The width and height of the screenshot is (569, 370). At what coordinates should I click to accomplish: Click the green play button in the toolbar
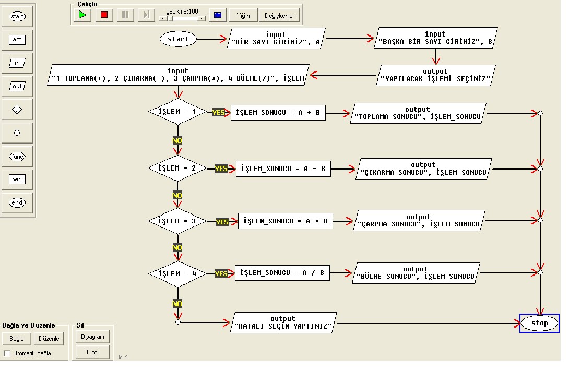pyautogui.click(x=82, y=15)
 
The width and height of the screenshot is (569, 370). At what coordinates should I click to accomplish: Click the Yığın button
pyautogui.click(x=243, y=15)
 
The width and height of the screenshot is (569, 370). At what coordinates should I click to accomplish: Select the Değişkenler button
pyautogui.click(x=279, y=15)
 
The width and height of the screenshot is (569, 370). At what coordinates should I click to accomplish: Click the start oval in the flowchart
pyautogui.click(x=178, y=39)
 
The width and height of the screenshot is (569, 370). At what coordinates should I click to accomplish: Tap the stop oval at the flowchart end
pyautogui.click(x=539, y=323)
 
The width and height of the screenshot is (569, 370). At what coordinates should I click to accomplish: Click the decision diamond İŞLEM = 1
pyautogui.click(x=178, y=112)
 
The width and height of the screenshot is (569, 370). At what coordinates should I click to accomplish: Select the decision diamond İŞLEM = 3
pyautogui.click(x=178, y=221)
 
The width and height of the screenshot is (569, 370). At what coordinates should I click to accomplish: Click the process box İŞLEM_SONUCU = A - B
pyautogui.click(x=283, y=169)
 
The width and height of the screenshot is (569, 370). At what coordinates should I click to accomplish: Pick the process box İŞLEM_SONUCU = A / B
pyautogui.click(x=282, y=273)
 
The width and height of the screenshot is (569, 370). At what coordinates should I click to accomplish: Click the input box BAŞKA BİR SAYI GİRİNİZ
pyautogui.click(x=435, y=39)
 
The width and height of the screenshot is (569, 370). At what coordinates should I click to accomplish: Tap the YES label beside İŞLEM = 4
pyautogui.click(x=221, y=273)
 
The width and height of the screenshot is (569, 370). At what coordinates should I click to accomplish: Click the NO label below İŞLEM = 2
pyautogui.click(x=177, y=195)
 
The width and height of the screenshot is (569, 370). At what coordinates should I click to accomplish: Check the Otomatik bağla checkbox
pyautogui.click(x=7, y=353)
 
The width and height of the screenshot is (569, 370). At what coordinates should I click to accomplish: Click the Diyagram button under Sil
pyautogui.click(x=92, y=337)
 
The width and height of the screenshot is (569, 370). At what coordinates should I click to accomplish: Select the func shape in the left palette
pyautogui.click(x=17, y=157)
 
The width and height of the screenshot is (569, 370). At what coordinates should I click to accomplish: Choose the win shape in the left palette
pyautogui.click(x=17, y=180)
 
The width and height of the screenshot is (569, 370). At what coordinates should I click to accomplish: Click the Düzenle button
pyautogui.click(x=49, y=339)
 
